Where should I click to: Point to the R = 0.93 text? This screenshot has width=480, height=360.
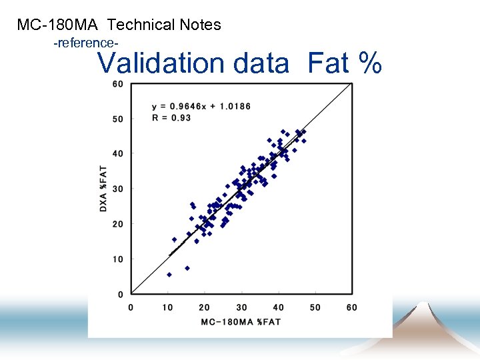tap(171, 117)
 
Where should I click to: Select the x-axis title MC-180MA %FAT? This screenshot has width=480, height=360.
tap(241, 322)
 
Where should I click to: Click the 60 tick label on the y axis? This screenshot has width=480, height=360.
tap(117, 84)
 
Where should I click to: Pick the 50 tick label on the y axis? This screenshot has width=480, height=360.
tap(117, 119)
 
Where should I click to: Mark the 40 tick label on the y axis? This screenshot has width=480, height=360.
tap(117, 154)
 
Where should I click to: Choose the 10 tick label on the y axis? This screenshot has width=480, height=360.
tap(117, 259)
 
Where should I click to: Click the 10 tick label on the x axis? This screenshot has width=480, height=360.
tap(167, 307)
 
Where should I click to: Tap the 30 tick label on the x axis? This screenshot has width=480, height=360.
tap(241, 307)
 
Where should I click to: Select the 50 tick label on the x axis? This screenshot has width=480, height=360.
tap(315, 307)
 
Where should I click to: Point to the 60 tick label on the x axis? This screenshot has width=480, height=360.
tap(351, 307)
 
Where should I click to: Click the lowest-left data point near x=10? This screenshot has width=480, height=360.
tap(169, 274)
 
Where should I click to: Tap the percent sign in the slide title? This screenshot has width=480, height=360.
tap(370, 64)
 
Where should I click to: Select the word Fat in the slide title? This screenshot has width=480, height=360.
tap(328, 64)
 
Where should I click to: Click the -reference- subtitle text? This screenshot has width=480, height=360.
tap(86, 43)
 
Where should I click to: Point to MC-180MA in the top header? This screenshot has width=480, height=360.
tap(58, 25)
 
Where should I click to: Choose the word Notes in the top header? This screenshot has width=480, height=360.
tap(200, 25)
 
